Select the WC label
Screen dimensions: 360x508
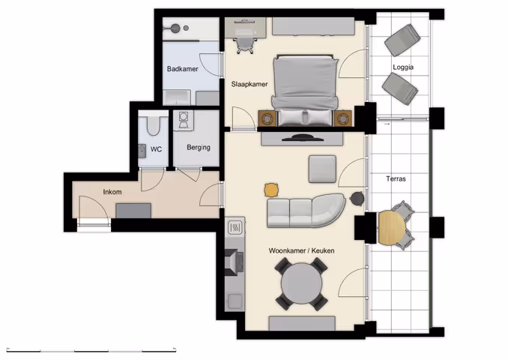156,149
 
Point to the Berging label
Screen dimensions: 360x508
199,148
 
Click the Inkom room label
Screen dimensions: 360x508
112,193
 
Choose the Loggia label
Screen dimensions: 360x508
402,67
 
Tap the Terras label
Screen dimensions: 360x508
396,179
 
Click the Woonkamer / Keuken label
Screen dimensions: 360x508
302,250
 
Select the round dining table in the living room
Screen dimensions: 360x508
302,284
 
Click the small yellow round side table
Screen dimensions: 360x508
271,189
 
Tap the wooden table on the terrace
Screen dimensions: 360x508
390,228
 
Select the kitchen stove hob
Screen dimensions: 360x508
234,226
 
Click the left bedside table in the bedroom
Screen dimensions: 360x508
267,118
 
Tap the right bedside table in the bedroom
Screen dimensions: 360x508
343,118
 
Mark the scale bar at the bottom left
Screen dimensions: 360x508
91,349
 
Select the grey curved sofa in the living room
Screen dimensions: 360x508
306,211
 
